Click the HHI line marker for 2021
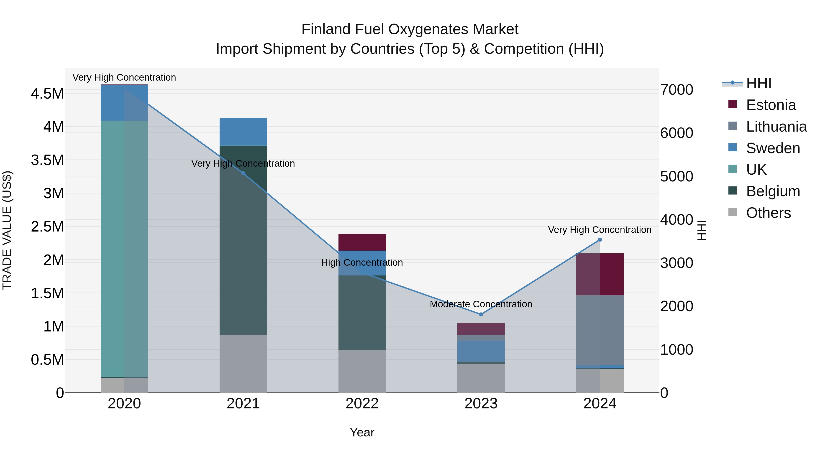click(243, 173)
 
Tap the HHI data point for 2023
click(481, 314)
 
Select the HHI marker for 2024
click(600, 240)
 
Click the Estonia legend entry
click(771, 105)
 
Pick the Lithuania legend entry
click(776, 127)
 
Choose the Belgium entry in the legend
click(773, 191)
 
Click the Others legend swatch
click(733, 212)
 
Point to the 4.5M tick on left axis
click(47, 94)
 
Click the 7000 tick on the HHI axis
click(676, 90)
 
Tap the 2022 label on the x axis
click(362, 404)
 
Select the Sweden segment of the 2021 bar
click(243, 132)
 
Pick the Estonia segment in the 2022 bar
click(362, 242)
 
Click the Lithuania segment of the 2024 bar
click(600, 330)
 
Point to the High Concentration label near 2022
click(362, 262)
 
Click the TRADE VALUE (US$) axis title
click(7, 230)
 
